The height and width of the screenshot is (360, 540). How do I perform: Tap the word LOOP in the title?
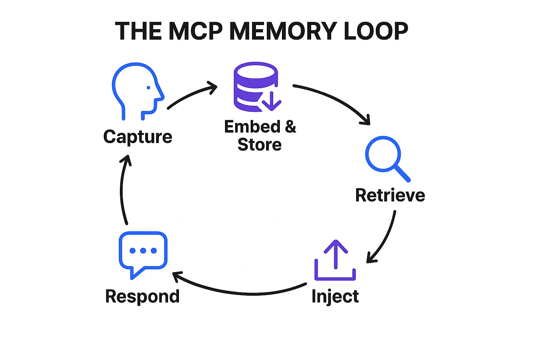(x=375, y=31)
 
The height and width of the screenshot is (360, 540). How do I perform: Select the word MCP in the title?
(x=195, y=31)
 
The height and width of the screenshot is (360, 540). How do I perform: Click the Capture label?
(x=138, y=137)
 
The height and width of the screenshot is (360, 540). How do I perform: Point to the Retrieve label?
(x=390, y=195)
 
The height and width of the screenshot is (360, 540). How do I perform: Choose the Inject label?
(x=335, y=296)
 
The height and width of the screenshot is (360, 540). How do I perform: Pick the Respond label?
(x=142, y=296)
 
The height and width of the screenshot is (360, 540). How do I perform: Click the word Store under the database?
(x=259, y=145)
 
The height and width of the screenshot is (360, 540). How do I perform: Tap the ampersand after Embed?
(x=290, y=127)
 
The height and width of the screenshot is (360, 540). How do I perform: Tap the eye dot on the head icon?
(x=148, y=88)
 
